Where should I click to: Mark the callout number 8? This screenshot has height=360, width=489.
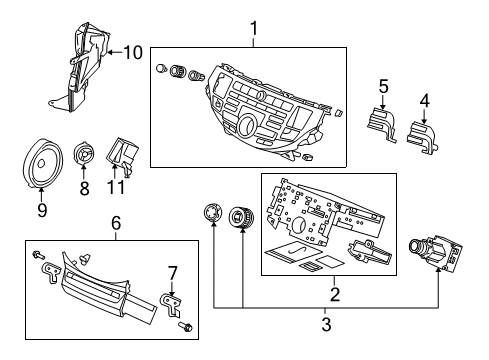(x=84, y=186)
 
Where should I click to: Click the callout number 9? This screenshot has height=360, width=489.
(x=42, y=210)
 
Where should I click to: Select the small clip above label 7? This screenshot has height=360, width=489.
(x=170, y=300)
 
